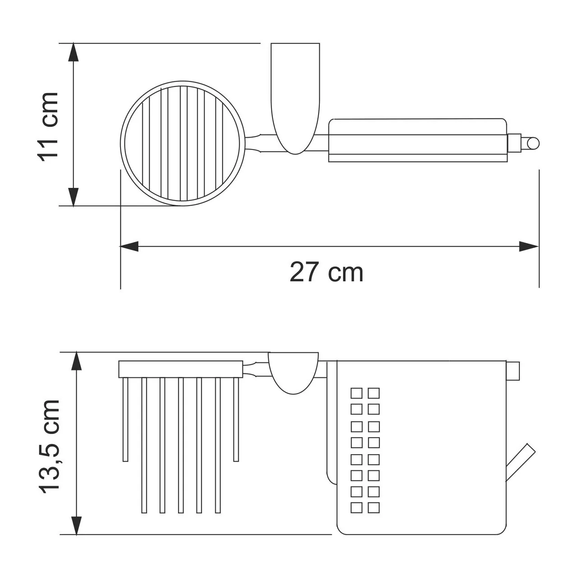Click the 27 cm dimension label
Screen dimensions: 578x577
326,273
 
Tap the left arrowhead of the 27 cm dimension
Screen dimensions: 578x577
129,247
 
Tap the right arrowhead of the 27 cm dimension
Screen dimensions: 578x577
530,247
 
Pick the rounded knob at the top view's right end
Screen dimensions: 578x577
532,144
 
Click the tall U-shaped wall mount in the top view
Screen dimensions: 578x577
295,95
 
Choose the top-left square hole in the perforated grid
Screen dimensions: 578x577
356,393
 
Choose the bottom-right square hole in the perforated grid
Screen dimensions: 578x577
374,508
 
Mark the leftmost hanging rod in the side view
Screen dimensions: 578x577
125,420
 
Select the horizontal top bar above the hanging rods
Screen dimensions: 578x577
180,369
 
